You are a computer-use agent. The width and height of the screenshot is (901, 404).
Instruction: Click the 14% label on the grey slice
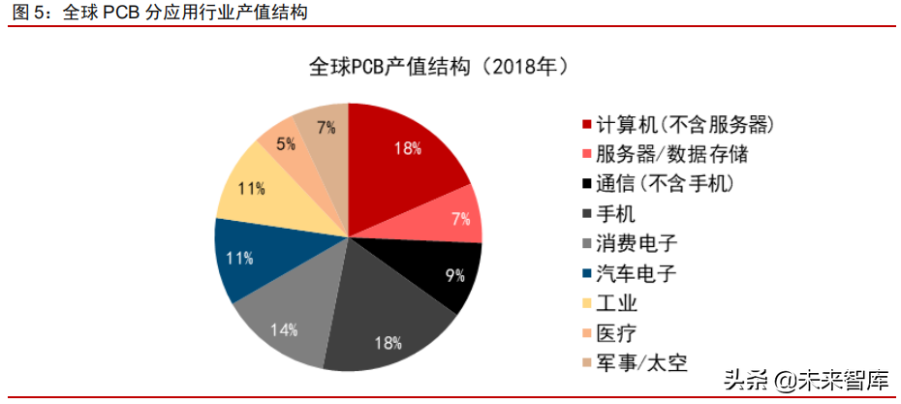pos(284,329)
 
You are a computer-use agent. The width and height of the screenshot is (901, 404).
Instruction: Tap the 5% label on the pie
pos(286,143)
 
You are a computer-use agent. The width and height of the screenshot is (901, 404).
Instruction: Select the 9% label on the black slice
pos(454,276)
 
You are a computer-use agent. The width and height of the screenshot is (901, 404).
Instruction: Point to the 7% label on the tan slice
pos(326,127)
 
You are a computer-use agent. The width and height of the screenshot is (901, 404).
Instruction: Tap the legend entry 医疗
pos(616,333)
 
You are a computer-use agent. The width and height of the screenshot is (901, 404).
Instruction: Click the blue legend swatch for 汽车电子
pos(586,274)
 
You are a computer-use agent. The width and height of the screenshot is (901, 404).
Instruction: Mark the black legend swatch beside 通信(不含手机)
pos(586,184)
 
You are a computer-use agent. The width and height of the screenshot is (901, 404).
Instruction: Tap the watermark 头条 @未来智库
pos(805,379)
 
